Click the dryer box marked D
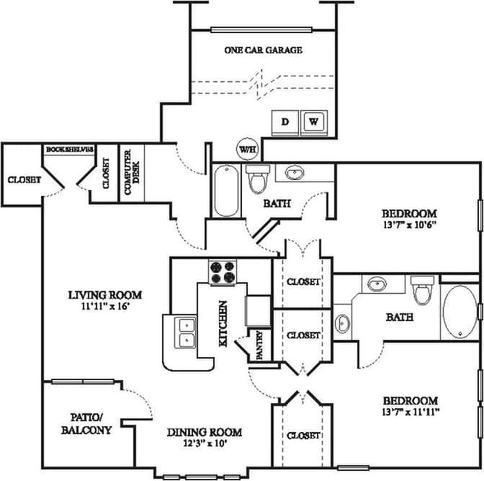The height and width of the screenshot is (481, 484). [x=284, y=122]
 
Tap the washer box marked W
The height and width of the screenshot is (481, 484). [x=314, y=122]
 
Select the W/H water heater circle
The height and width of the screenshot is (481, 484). [x=246, y=149]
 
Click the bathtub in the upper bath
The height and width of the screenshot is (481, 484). [x=226, y=191]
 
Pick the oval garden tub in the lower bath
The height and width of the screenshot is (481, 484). [x=459, y=313]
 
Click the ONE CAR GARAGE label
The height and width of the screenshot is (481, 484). [x=262, y=50]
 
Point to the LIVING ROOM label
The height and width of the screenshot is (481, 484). [x=105, y=295]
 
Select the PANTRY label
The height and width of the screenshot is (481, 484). [x=259, y=345]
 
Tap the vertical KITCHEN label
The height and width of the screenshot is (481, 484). [x=224, y=325]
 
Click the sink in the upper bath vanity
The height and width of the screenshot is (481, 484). [x=294, y=174]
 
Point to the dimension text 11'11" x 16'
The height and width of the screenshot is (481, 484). [x=105, y=307]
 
